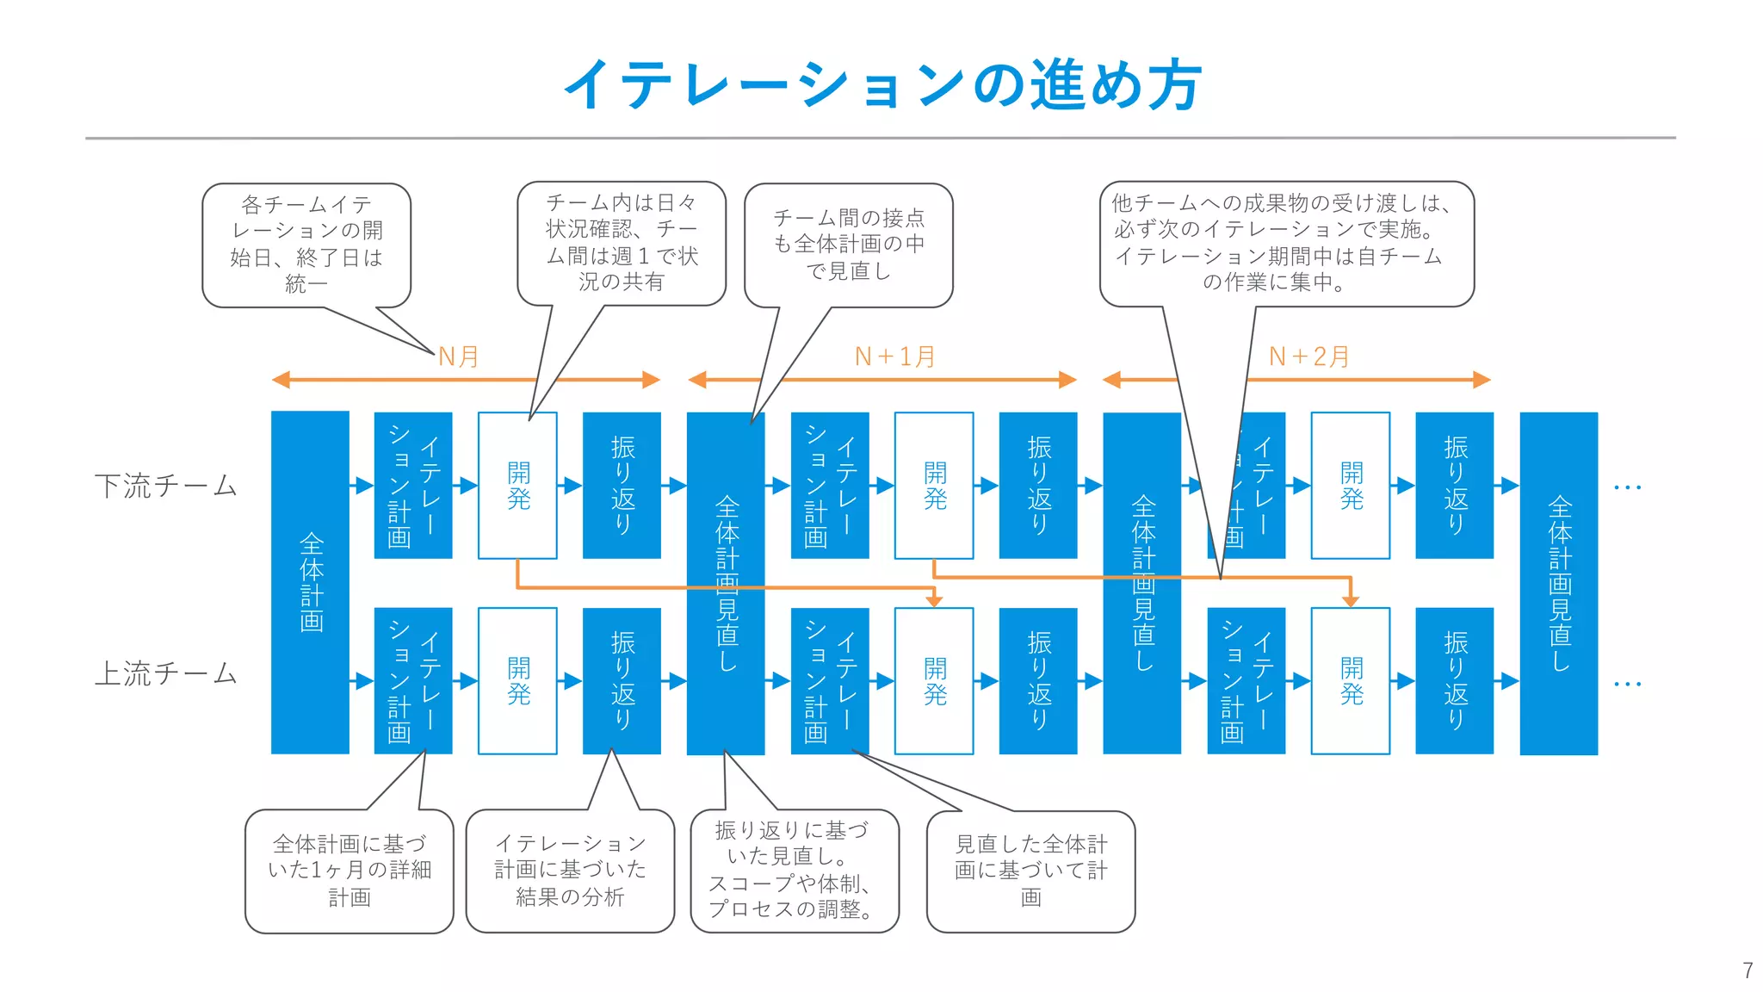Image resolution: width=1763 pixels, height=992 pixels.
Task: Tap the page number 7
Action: (x=1747, y=970)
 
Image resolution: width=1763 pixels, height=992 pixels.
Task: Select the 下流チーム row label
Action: (x=165, y=486)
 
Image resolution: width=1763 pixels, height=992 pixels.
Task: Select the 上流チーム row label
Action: (x=165, y=673)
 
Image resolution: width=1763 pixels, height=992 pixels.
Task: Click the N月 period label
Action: (x=458, y=356)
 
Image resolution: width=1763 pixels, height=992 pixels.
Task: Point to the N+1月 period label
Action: (x=894, y=356)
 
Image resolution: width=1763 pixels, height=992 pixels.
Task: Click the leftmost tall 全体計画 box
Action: (x=310, y=582)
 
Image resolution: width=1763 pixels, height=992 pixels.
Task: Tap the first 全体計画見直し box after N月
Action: (x=726, y=582)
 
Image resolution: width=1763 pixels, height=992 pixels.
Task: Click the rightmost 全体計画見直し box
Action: (x=1558, y=582)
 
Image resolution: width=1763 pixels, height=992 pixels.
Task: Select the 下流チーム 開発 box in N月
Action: (x=517, y=486)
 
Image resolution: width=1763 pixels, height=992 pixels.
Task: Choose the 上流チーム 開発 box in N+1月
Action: (x=934, y=680)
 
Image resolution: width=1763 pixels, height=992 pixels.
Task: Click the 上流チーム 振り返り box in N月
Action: (x=622, y=680)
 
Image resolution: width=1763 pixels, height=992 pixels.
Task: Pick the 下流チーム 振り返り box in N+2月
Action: (x=1454, y=486)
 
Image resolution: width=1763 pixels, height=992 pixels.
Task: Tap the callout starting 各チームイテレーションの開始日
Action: (x=306, y=245)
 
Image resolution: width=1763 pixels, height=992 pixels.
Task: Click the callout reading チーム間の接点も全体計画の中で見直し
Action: (x=848, y=245)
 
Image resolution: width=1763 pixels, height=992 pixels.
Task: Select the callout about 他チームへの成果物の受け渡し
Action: (x=1286, y=243)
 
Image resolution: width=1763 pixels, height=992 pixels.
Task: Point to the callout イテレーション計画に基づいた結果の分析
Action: (x=570, y=870)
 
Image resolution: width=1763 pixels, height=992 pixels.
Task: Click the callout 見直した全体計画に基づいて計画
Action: (x=1030, y=871)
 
